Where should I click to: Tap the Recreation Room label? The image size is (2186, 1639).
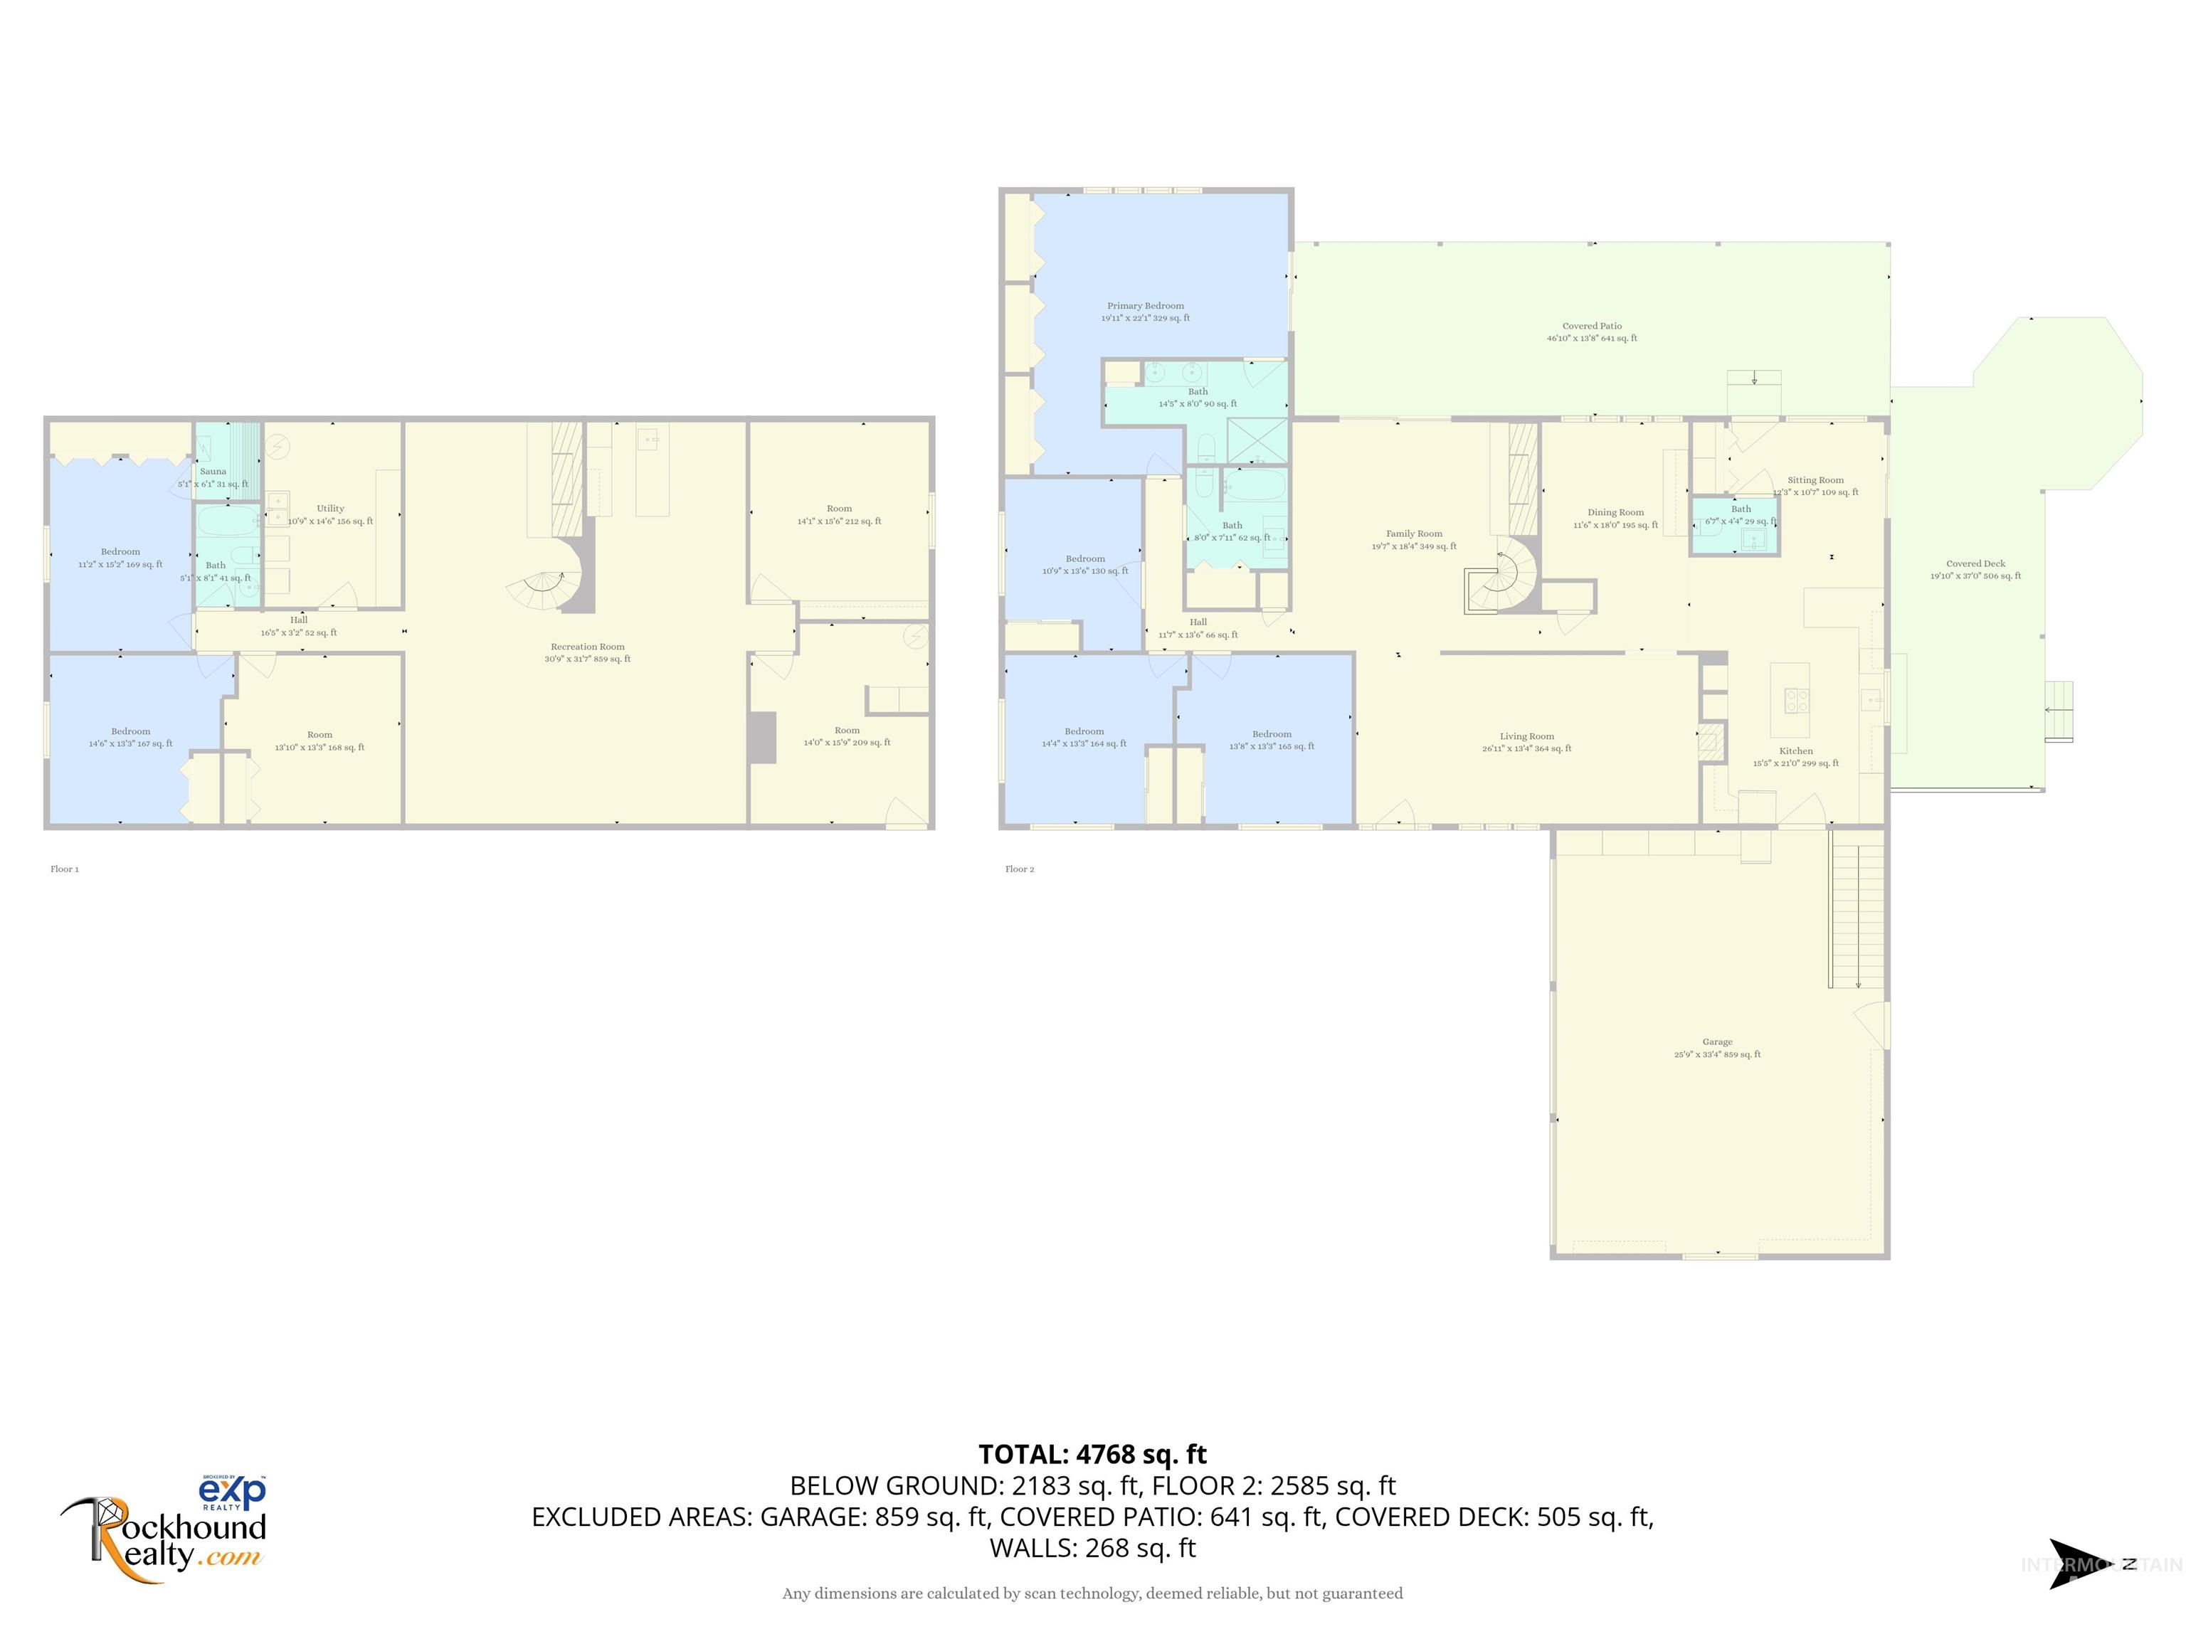587,647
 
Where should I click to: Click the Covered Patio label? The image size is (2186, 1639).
1591,326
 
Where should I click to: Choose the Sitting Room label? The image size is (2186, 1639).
1815,480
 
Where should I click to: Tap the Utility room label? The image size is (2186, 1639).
330,509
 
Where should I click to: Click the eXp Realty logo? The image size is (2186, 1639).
233,1492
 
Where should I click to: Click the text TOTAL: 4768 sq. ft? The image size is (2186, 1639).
1092,1454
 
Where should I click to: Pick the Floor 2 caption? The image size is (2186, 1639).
1019,869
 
